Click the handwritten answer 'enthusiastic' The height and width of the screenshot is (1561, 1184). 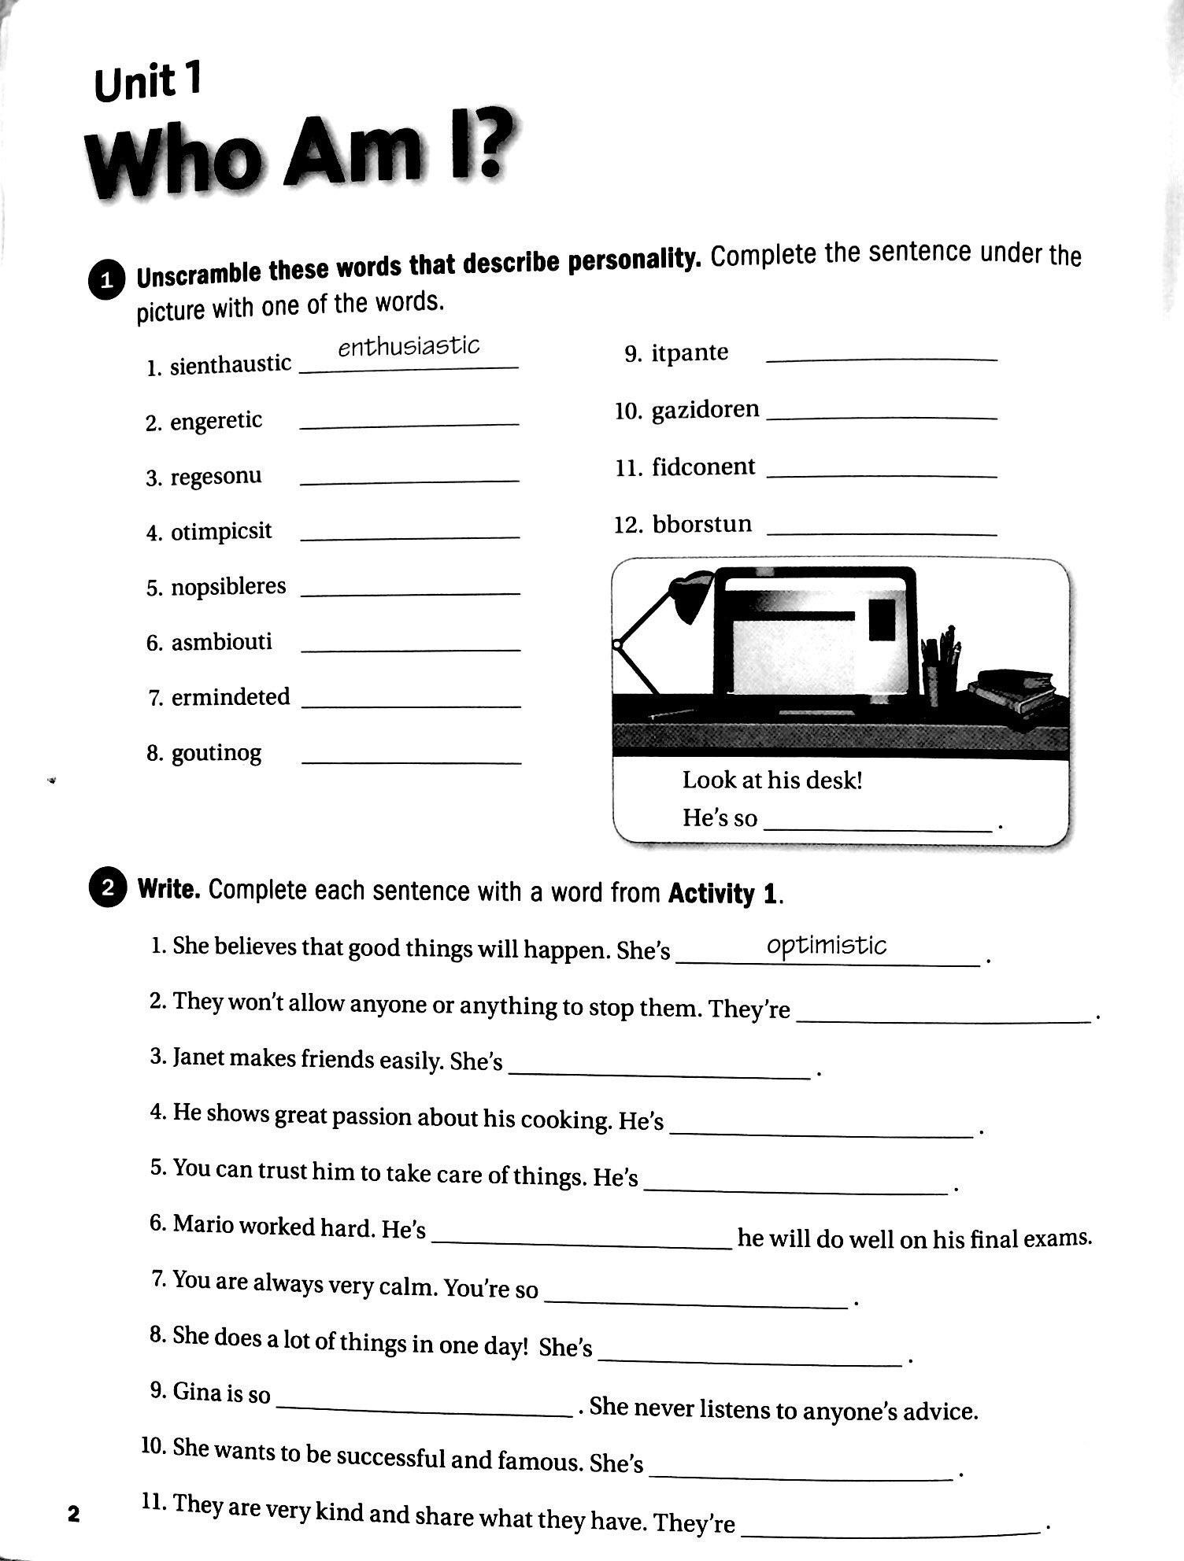[x=409, y=347]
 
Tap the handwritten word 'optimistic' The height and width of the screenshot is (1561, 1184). [x=827, y=945]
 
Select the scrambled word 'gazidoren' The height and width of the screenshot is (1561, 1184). [x=705, y=410]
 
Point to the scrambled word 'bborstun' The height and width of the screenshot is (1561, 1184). [x=701, y=524]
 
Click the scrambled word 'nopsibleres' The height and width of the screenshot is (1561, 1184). [x=228, y=587]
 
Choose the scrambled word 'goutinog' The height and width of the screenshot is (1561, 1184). [x=216, y=754]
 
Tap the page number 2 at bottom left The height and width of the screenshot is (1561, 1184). [x=74, y=1513]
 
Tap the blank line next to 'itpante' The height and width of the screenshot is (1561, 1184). [x=881, y=359]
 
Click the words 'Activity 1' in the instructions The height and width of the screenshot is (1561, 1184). [x=723, y=893]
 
